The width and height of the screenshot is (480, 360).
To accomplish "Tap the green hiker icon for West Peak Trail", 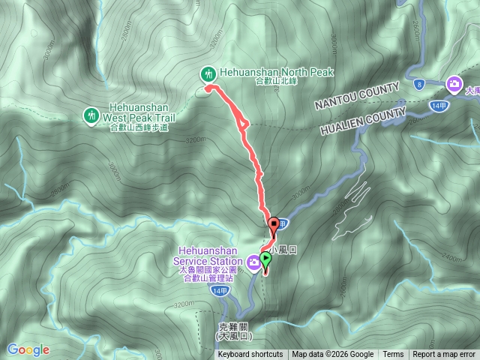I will pyautogui.click(x=91, y=115).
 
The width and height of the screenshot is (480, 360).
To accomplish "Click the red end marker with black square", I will pyautogui.click(x=274, y=223).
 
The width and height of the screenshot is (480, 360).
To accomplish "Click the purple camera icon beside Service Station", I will pyautogui.click(x=254, y=262).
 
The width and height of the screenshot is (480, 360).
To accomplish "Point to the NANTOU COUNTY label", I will pyautogui.click(x=357, y=95).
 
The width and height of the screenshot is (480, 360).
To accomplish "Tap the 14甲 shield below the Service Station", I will pyautogui.click(x=219, y=290).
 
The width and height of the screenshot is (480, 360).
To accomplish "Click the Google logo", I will pyautogui.click(x=28, y=349).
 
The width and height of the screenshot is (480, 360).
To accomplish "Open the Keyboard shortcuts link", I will pyautogui.click(x=250, y=355).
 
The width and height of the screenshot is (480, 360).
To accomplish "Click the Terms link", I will pyautogui.click(x=393, y=355).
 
